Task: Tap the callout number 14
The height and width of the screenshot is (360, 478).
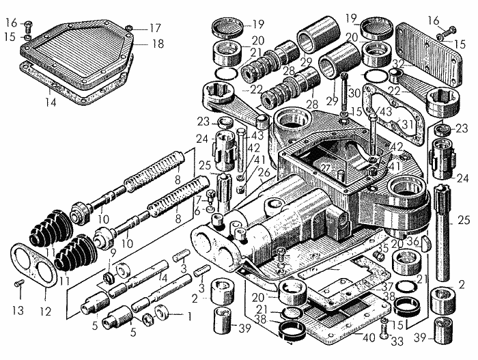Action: click(48, 102)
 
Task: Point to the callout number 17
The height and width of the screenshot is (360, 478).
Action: click(155, 29)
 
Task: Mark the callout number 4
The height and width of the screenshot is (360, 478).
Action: click(163, 278)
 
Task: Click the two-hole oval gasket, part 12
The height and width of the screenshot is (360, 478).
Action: click(31, 262)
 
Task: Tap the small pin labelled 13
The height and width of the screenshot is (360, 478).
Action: click(20, 283)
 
